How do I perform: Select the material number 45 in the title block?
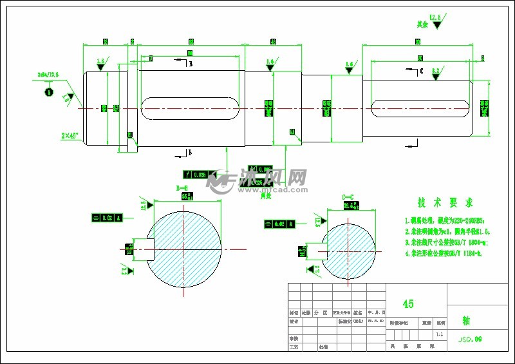click(x=408, y=303)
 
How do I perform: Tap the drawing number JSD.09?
click(x=469, y=338)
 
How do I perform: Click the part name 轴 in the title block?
click(x=466, y=320)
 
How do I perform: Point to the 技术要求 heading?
click(x=445, y=202)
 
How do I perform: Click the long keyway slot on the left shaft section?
click(x=188, y=108)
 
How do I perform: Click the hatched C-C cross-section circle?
click(x=348, y=249)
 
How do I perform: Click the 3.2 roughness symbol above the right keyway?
click(x=436, y=73)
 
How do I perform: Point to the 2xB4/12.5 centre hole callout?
click(x=48, y=75)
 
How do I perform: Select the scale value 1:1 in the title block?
click(x=439, y=335)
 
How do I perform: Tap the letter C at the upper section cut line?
click(x=420, y=72)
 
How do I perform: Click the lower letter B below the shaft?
click(x=189, y=153)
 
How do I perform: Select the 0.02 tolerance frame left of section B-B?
click(x=107, y=218)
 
